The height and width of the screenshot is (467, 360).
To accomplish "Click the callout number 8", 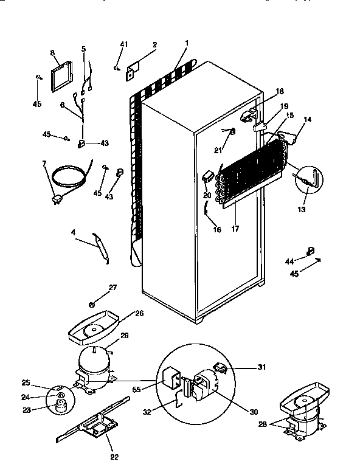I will (x=52, y=54).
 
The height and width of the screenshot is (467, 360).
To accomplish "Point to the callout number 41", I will (x=124, y=45).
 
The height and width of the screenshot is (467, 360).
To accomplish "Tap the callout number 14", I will (x=307, y=120).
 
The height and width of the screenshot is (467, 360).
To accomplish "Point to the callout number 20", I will (x=206, y=195).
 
